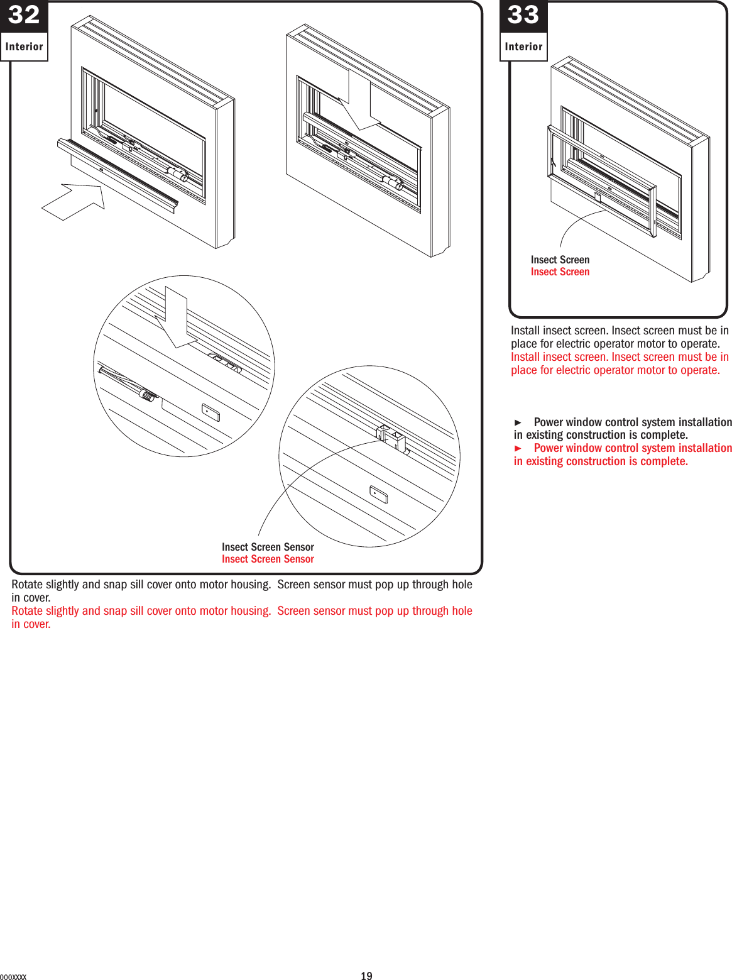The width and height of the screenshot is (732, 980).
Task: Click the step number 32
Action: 24,15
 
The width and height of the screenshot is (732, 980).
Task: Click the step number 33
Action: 523,15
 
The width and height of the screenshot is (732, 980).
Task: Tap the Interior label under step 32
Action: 24,47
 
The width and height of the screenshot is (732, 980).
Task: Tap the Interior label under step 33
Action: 523,47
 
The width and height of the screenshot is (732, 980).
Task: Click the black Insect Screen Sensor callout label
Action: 268,547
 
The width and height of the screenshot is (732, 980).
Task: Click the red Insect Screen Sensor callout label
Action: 268,559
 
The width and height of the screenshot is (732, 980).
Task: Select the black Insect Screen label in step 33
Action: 560,260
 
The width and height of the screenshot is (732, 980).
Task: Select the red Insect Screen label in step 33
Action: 560,272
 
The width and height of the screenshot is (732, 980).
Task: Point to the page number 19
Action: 366,976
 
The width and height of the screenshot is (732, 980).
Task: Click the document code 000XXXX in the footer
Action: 13,977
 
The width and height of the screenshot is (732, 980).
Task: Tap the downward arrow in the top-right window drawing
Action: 359,101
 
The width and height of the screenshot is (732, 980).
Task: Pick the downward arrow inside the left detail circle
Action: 177,317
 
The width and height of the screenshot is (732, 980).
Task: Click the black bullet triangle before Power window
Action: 518,422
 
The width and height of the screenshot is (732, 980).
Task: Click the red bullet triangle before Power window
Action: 518,448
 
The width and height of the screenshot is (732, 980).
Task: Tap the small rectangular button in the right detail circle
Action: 378,495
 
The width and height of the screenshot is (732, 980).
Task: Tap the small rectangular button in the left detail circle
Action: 210,412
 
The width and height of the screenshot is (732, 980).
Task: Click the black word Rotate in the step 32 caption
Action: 27,585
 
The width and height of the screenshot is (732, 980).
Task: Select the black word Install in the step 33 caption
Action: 525,331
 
